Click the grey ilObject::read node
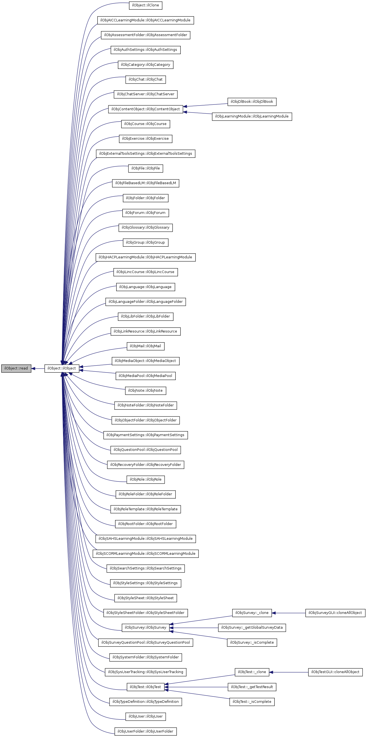(x=16, y=368)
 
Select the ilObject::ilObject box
(x=61, y=368)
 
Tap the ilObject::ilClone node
(x=145, y=6)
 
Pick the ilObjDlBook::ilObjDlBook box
(x=252, y=102)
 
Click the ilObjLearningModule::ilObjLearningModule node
(x=252, y=116)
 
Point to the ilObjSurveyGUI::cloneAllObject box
(x=335, y=613)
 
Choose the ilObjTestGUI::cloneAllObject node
(x=335, y=672)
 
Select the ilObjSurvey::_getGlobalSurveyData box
(x=252, y=628)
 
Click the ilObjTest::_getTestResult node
(x=252, y=687)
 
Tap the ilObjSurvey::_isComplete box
(x=252, y=643)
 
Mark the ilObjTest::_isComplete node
(x=252, y=701)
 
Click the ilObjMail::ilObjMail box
(x=145, y=346)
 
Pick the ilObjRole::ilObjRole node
(x=145, y=479)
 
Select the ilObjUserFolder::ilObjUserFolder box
(x=145, y=731)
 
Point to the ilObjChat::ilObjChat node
(x=145, y=79)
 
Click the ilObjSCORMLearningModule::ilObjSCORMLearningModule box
(x=145, y=554)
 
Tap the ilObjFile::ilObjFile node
(x=145, y=168)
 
